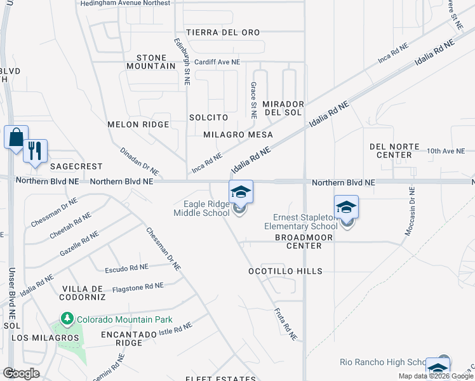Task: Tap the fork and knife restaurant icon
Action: tap(34, 151)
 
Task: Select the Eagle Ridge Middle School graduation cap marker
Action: tap(241, 192)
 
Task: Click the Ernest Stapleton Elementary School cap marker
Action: tap(347, 207)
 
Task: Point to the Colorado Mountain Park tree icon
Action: tap(65, 317)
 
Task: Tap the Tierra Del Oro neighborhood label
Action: tap(223, 32)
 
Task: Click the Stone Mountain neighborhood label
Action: tap(151, 61)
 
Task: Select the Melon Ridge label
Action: tap(138, 124)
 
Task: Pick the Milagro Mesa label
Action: tap(238, 135)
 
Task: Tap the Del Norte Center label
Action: tap(395, 150)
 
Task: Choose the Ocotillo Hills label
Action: tap(286, 271)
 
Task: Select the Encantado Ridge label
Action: tap(128, 338)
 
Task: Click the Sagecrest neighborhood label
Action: tap(76, 166)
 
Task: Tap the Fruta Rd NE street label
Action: tap(285, 321)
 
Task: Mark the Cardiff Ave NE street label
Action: tap(217, 62)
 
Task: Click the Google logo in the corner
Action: tap(21, 373)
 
